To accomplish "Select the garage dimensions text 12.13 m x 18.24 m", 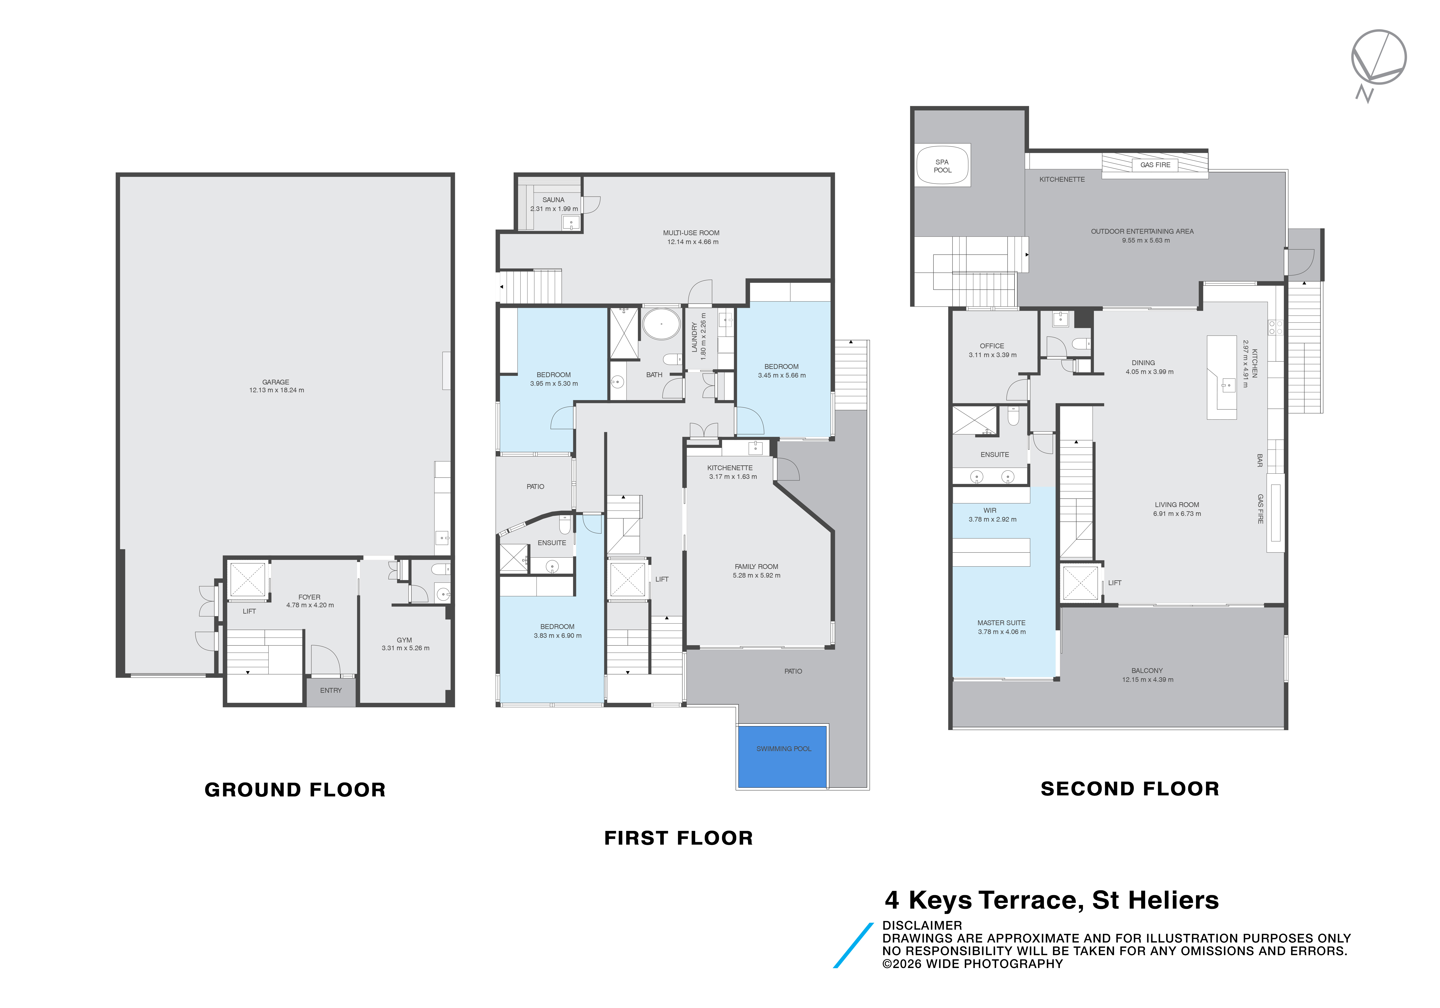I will (x=277, y=390).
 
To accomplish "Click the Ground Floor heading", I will (x=295, y=790).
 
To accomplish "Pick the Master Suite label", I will (x=1001, y=623).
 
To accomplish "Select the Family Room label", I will (x=756, y=566).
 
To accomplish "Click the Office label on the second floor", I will (x=992, y=346).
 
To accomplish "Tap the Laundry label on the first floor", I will (x=694, y=337).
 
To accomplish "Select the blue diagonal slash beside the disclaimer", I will (x=853, y=945).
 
